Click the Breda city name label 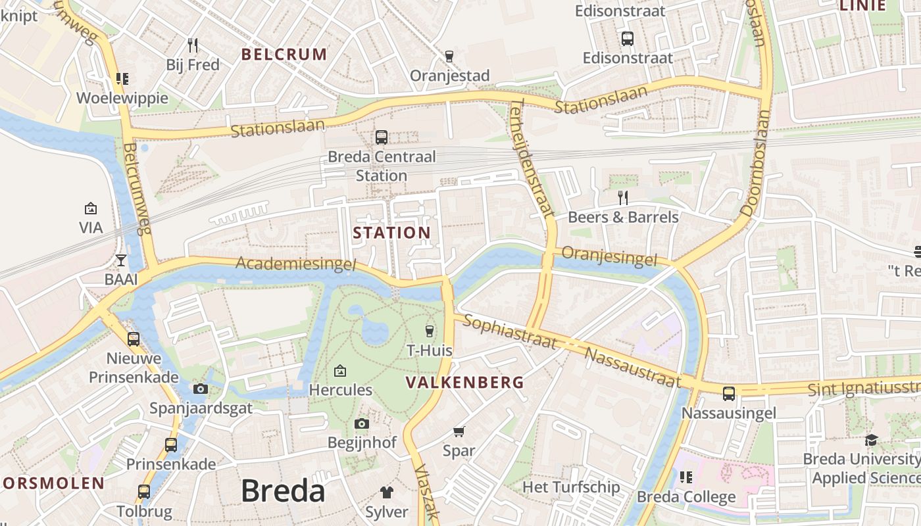(x=283, y=491)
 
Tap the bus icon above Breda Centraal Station (x=382, y=137)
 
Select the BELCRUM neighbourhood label (x=284, y=55)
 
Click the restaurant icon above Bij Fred (x=193, y=45)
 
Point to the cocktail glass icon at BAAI (x=121, y=260)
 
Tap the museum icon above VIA (x=91, y=208)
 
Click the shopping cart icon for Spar (x=459, y=432)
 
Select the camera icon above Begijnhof (x=362, y=424)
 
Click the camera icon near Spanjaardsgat (x=201, y=389)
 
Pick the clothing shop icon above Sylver (x=387, y=492)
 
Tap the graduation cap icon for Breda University (x=871, y=440)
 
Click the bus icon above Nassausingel (x=729, y=394)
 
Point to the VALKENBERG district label (x=464, y=383)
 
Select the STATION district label (x=391, y=233)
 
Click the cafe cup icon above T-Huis (x=430, y=331)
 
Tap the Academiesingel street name (x=296, y=264)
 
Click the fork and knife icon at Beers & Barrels (x=622, y=197)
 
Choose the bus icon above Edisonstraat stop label (x=628, y=39)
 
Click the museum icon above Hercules (x=340, y=371)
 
